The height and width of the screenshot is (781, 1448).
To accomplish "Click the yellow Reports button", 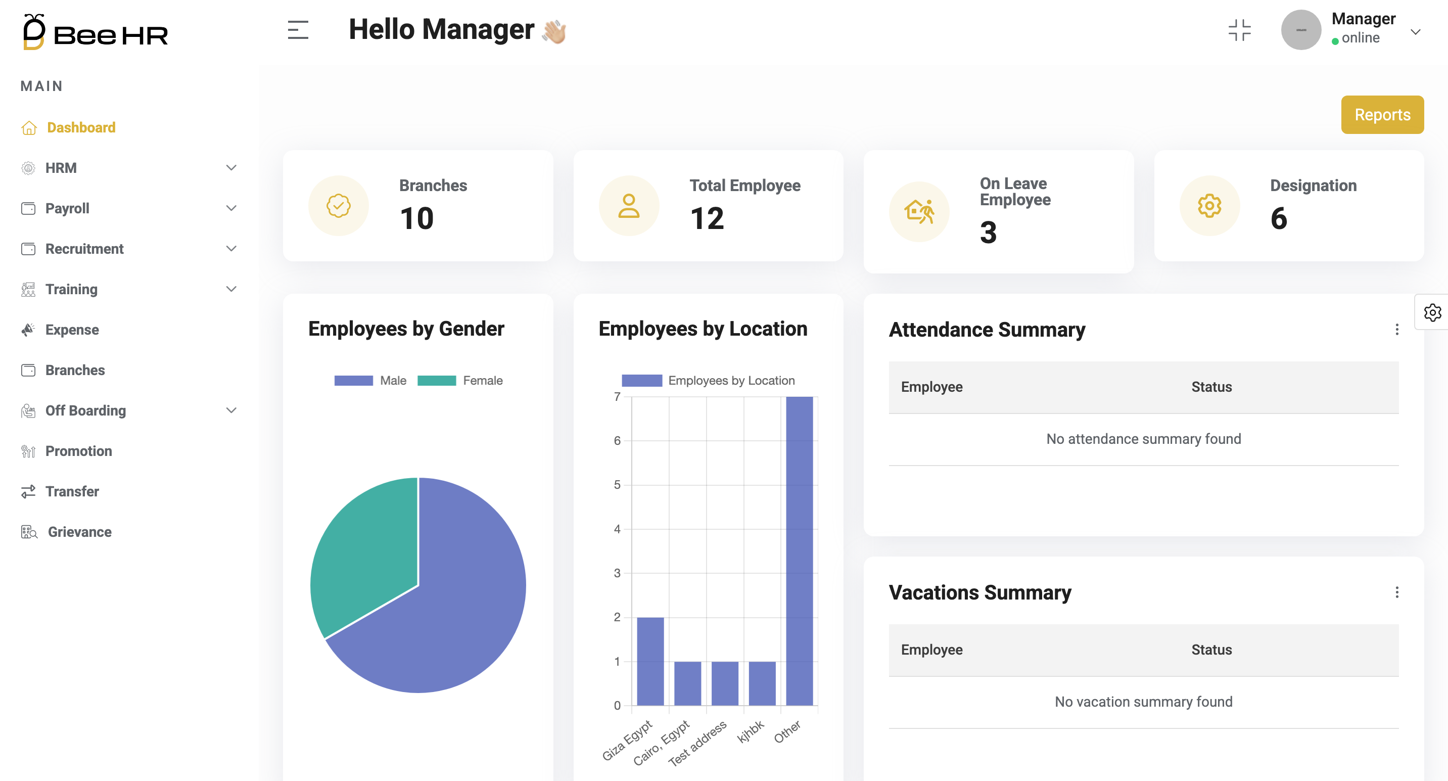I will [1382, 115].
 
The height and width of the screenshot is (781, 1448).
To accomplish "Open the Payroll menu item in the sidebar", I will [67, 209].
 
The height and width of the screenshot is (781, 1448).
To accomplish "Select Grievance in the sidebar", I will [79, 532].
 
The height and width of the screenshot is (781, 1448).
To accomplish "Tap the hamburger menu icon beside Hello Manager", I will [298, 30].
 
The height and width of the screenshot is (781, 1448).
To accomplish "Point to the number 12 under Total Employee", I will [707, 218].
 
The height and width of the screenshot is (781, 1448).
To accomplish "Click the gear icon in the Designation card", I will [1209, 206].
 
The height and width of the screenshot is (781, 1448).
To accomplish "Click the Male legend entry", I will [371, 381].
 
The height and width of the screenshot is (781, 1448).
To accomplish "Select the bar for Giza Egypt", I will [650, 661].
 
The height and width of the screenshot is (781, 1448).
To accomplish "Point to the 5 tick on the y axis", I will [617, 485].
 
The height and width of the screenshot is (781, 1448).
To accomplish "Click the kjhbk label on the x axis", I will [751, 731].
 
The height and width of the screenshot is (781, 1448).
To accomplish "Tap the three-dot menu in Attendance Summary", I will [1396, 330].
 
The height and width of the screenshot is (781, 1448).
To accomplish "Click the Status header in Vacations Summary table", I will [1211, 650].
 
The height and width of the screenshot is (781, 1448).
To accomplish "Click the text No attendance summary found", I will [1143, 439].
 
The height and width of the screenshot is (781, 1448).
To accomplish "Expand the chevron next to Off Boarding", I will [231, 410].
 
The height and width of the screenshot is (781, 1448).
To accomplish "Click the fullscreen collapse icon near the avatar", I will [1239, 30].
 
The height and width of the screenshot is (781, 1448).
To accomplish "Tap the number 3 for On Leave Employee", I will [988, 233].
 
